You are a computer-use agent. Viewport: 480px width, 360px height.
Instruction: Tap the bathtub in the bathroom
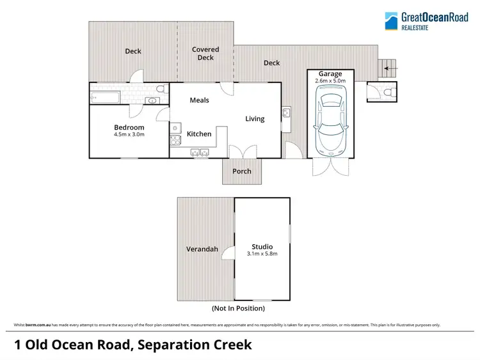(105, 98)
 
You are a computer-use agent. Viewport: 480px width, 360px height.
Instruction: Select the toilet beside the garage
(388, 93)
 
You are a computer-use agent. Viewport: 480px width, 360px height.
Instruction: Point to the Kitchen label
(199, 134)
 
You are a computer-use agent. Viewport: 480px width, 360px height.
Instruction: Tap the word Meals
(199, 100)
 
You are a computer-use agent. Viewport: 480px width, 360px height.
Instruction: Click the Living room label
(255, 118)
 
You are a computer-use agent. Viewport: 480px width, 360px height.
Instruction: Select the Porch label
(242, 171)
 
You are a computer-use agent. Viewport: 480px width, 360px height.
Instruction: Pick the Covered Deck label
(205, 53)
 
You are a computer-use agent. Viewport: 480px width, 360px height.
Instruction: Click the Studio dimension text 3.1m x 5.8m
(262, 253)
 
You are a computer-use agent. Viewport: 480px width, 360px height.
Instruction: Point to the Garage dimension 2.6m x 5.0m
(330, 81)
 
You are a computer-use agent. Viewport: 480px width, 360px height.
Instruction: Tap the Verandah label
(202, 249)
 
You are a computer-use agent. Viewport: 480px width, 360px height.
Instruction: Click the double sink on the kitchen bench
(200, 152)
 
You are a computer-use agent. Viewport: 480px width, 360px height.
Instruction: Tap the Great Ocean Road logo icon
(391, 21)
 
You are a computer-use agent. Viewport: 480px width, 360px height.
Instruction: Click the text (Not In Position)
(238, 308)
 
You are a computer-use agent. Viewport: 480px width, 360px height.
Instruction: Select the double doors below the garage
(330, 167)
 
